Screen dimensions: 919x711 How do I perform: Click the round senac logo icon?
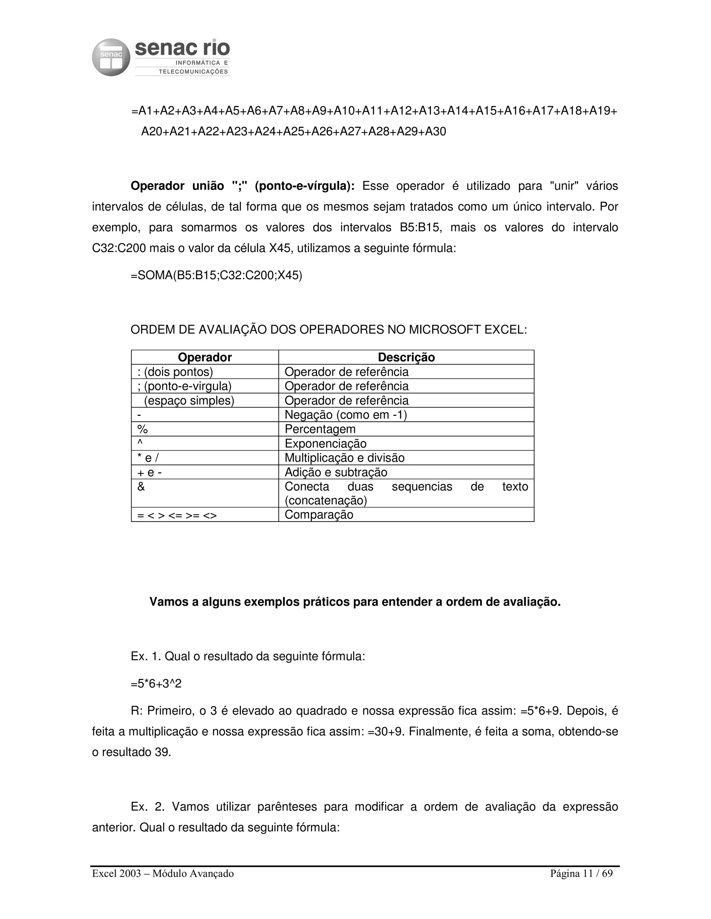[111, 58]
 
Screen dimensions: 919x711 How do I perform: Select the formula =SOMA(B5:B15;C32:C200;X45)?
[217, 276]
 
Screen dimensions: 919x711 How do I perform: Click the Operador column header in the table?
[205, 357]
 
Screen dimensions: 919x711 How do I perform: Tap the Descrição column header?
[406, 357]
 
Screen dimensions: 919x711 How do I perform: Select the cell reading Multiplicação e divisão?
[344, 458]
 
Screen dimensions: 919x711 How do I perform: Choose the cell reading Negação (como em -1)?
[346, 415]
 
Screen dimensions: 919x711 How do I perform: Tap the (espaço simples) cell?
[189, 401]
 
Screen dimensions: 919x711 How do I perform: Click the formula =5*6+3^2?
[156, 684]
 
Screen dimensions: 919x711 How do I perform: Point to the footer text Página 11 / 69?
[581, 874]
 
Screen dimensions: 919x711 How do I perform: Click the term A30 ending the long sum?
[436, 132]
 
